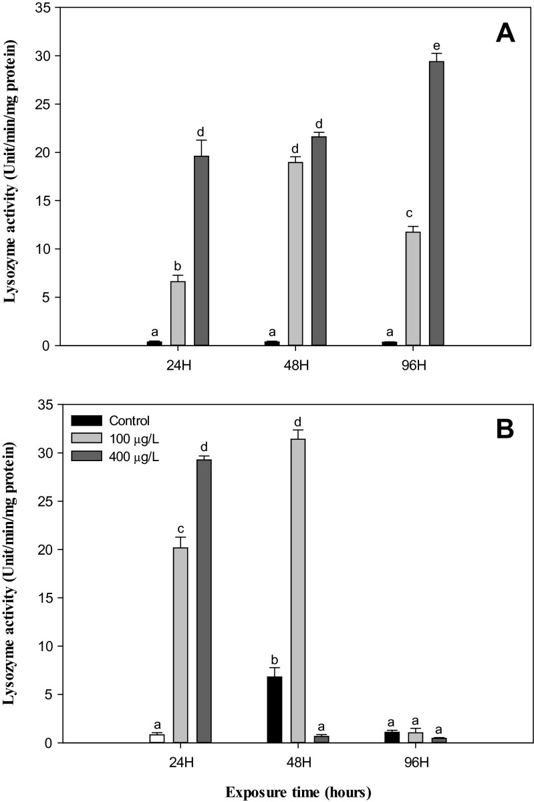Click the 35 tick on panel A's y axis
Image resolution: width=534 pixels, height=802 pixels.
click(x=43, y=8)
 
